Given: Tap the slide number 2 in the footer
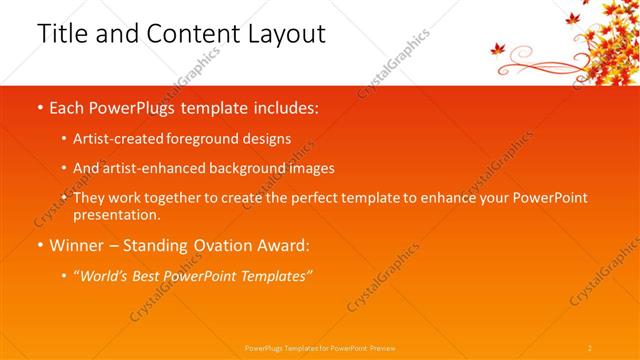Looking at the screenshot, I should (590, 347).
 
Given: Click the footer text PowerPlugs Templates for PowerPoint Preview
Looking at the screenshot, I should (320, 347).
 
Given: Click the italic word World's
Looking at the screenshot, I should (110, 274).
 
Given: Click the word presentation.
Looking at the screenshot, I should (116, 214).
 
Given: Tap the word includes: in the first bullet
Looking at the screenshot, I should (287, 108).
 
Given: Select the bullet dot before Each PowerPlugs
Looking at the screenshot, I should (39, 108).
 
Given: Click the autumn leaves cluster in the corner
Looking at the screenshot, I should (605, 35).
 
